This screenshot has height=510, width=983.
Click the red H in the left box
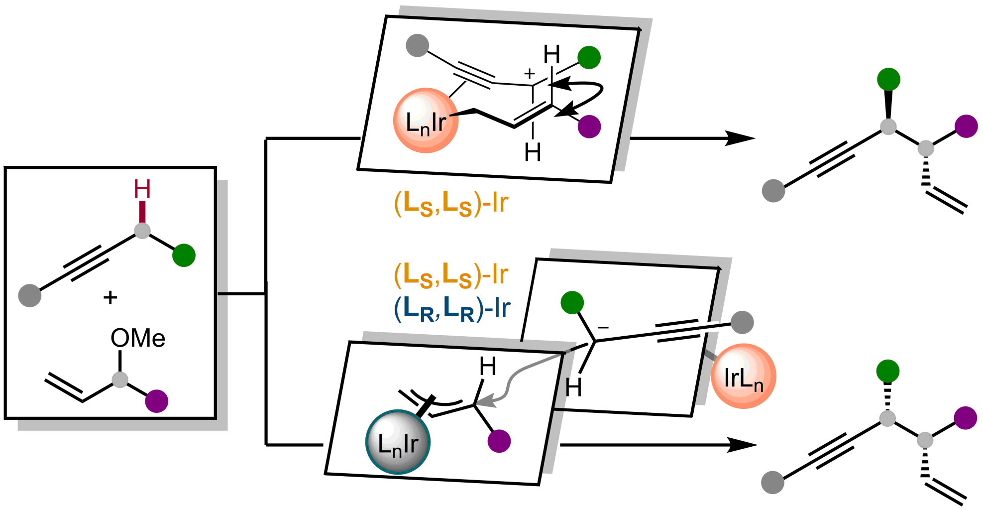point(142,189)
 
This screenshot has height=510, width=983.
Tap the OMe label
point(138,338)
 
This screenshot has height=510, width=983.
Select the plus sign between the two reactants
point(110,297)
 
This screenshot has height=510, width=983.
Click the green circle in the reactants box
point(184,255)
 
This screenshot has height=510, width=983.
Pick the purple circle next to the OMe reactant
point(156,401)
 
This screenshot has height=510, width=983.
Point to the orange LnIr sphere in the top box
point(426,121)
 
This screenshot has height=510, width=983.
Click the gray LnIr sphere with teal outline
point(398,442)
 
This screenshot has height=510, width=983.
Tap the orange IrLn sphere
point(744,376)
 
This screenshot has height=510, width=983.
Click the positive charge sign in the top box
point(530,74)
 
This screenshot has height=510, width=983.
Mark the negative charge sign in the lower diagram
point(603,328)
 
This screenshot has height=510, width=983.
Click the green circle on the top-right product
point(888,79)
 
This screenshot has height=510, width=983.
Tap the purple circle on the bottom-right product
point(965,418)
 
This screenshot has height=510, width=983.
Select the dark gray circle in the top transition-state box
point(417,46)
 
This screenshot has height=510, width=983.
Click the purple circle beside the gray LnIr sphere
point(499,441)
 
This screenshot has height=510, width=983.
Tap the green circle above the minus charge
point(572,303)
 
